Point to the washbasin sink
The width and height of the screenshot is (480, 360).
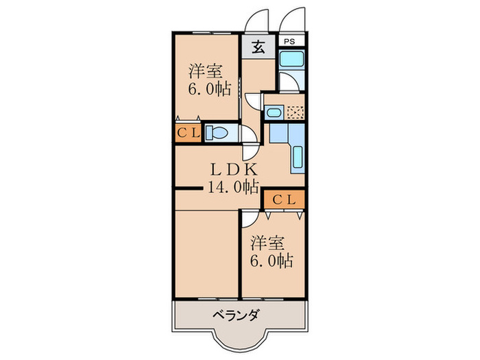click(x=274, y=112)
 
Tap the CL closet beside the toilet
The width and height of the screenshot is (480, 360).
click(x=189, y=132)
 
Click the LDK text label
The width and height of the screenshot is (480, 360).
click(x=233, y=169)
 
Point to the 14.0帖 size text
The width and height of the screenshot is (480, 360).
click(x=233, y=185)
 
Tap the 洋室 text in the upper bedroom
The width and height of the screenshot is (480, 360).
click(x=204, y=71)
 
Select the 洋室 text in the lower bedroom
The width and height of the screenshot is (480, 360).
click(x=267, y=243)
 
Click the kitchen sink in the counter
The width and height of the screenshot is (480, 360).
click(x=298, y=159)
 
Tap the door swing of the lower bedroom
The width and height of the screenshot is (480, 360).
click(x=251, y=218)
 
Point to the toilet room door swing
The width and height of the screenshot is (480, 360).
click(x=250, y=150)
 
